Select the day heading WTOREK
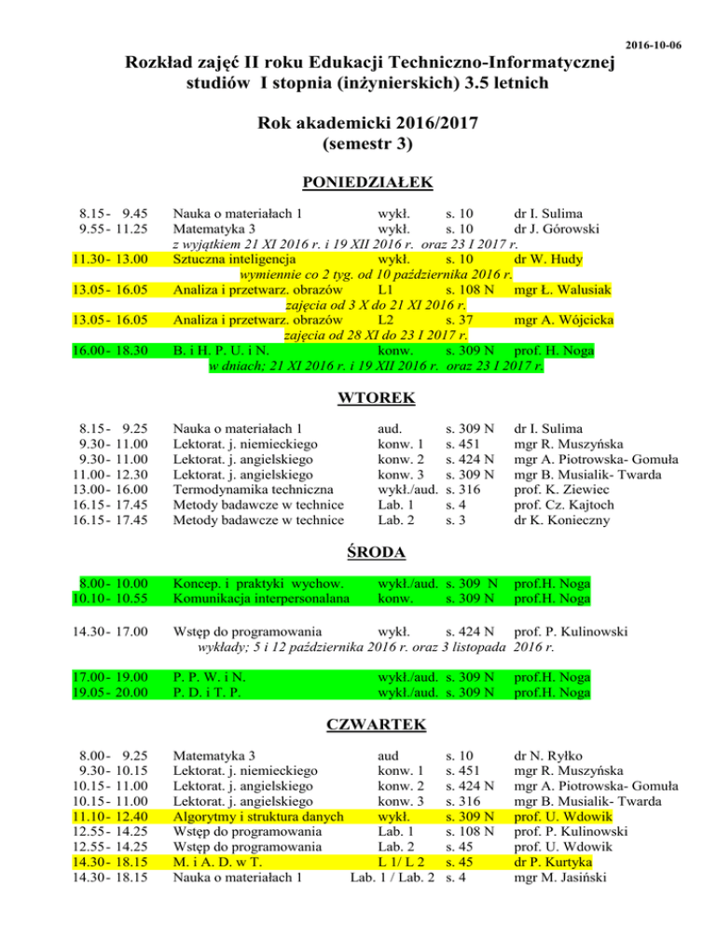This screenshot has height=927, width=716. (357, 398)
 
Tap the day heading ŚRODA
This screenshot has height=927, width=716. (357, 552)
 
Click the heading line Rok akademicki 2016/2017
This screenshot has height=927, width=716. (357, 126)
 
